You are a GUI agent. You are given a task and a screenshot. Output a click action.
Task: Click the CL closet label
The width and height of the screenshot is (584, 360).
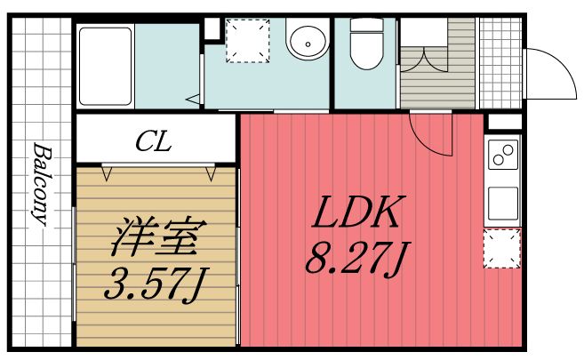(154, 140)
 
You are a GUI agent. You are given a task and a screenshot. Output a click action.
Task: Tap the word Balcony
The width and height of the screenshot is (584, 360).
(41, 185)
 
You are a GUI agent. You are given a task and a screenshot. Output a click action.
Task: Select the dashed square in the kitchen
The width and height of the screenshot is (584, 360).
(503, 248)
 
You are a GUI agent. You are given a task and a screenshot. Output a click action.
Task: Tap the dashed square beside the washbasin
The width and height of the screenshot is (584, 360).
(245, 42)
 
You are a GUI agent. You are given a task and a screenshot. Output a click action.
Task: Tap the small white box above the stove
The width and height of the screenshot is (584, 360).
(504, 122)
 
